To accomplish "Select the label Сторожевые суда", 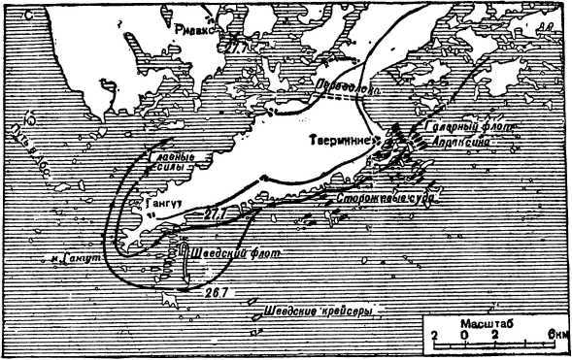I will (x=378, y=199).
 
